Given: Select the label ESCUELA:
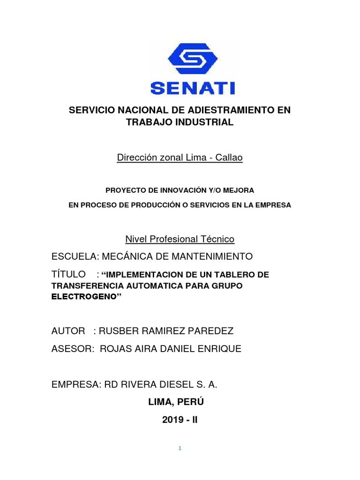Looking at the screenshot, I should pyautogui.click(x=72, y=256).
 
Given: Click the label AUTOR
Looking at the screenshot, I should pyautogui.click(x=68, y=331).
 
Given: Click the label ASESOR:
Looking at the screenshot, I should pyautogui.click(x=71, y=349).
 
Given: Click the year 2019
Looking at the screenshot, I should pyautogui.click(x=171, y=420).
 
